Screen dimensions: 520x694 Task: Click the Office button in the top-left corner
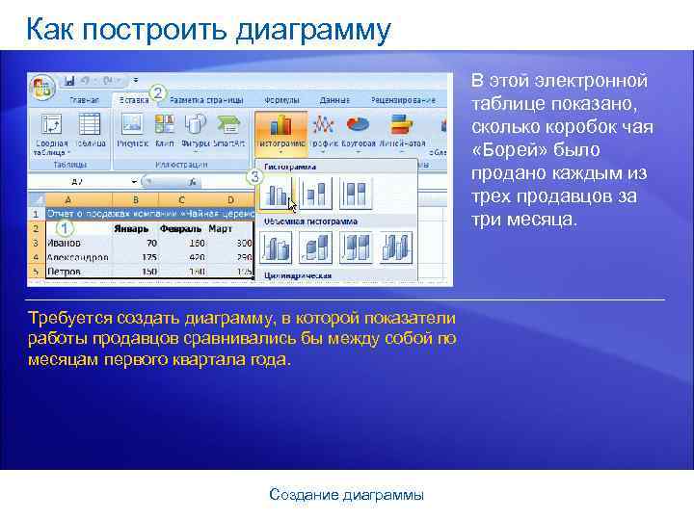click(42, 85)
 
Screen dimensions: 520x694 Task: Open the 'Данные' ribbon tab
click(334, 99)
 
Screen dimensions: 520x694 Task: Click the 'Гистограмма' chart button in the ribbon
click(280, 131)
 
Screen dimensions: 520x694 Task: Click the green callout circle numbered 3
click(254, 177)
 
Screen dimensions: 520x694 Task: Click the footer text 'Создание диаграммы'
click(346, 495)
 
